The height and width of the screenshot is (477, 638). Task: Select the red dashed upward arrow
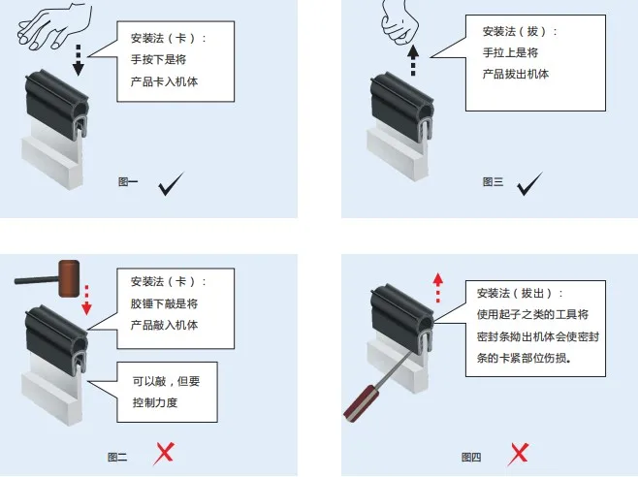437,287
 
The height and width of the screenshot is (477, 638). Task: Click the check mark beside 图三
529,183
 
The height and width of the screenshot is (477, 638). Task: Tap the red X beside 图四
520,453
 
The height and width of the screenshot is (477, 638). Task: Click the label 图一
128,181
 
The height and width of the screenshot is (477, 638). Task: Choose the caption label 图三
493,181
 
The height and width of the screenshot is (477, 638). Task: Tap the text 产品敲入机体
164,325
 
